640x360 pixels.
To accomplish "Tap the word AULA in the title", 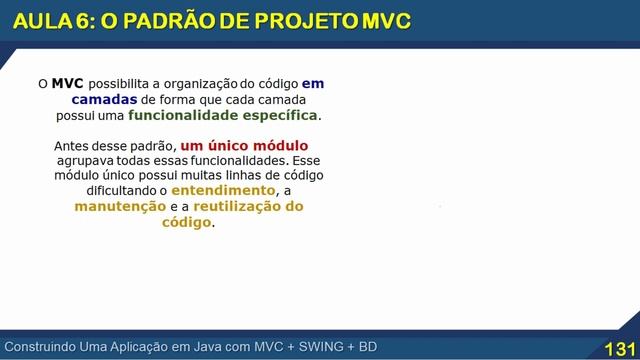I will (x=39, y=22).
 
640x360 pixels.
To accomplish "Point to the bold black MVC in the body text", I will (x=67, y=84).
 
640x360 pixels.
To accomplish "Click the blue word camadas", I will (x=105, y=100).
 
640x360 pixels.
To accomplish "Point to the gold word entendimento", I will (x=222, y=190).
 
